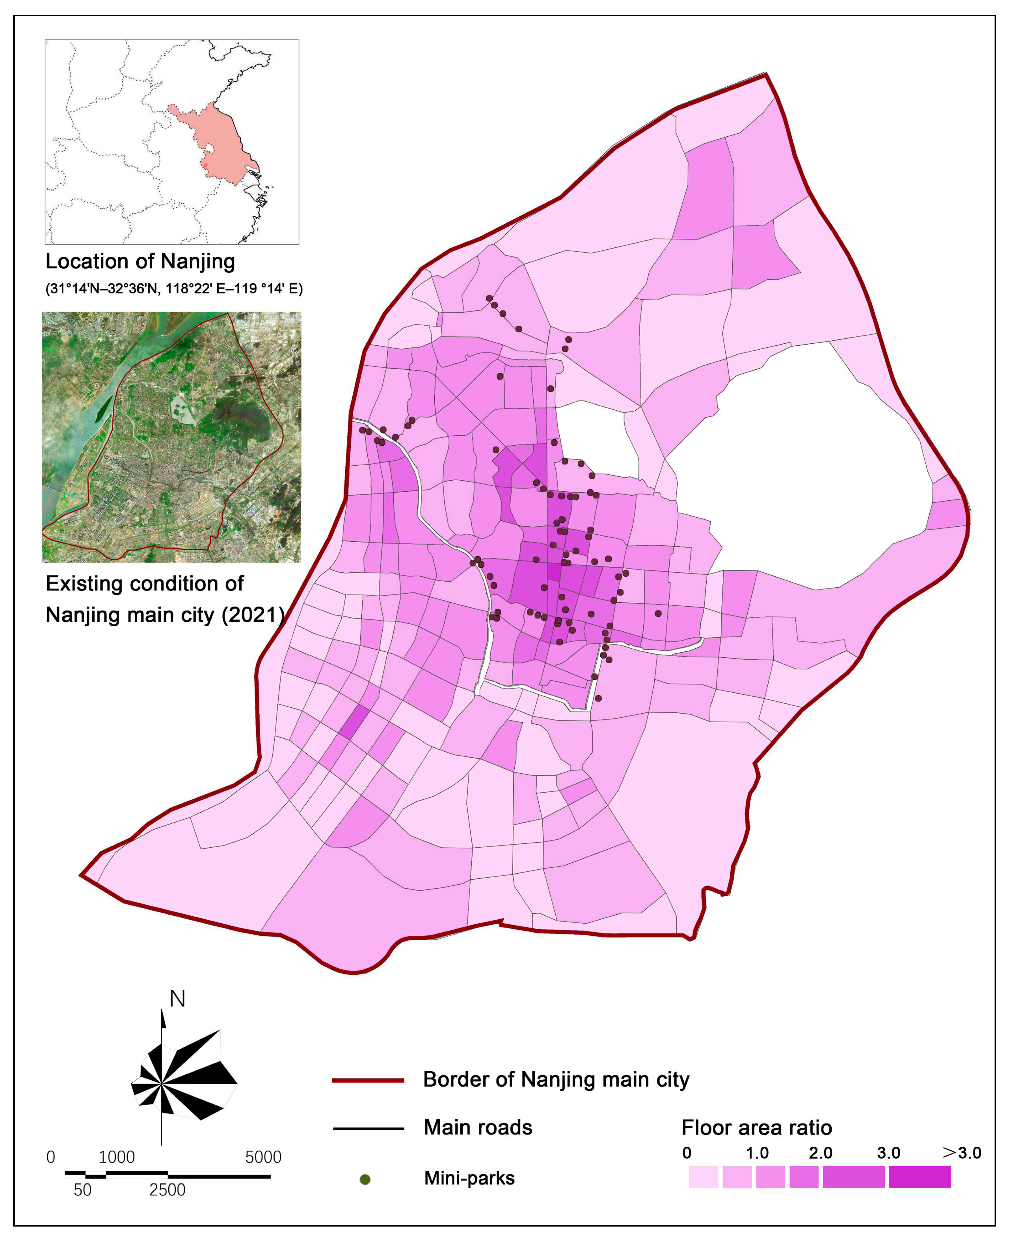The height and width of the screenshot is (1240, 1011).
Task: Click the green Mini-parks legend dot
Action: tap(365, 1179)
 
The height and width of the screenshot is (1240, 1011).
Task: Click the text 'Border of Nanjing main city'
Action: tap(556, 1080)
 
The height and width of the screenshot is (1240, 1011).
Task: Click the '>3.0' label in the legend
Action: tap(961, 1153)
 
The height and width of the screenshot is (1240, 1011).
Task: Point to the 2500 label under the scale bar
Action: tap(167, 1190)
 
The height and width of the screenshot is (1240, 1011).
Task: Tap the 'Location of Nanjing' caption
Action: tap(140, 262)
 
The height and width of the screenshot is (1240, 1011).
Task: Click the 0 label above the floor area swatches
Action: tap(687, 1153)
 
